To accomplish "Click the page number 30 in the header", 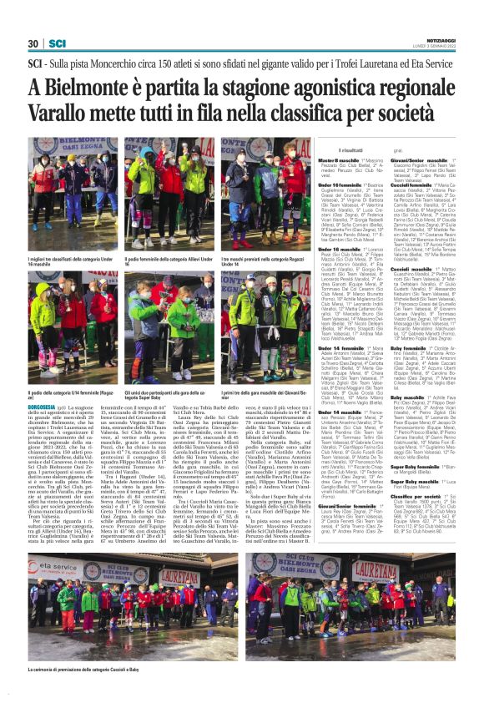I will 33,43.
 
